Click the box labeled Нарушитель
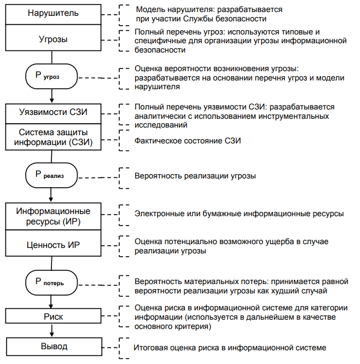point(53,14)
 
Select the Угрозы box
point(53,38)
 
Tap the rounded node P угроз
point(51,77)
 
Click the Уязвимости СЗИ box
point(53,113)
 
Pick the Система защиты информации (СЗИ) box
point(53,137)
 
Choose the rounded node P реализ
point(51,175)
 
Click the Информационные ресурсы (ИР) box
point(53,216)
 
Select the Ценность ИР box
point(53,243)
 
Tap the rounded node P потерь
point(51,283)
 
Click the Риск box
point(53,316)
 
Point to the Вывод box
point(54,346)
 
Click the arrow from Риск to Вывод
point(52,331)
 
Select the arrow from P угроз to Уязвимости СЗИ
point(52,96)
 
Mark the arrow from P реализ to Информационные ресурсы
point(51,195)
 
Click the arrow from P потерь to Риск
point(51,302)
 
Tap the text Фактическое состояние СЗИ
point(188,141)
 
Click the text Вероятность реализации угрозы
point(195,176)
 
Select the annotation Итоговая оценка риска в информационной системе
point(230,348)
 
